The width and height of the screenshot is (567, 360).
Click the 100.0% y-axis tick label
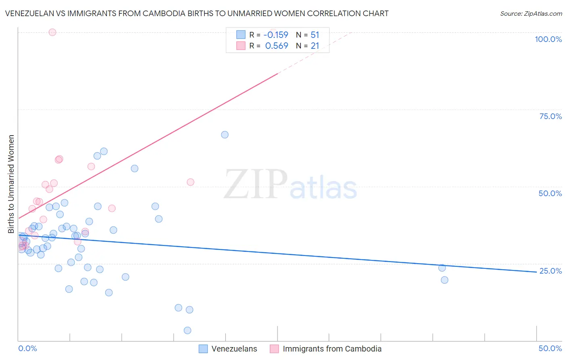click(548, 39)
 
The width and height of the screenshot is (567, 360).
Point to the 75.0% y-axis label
click(550, 116)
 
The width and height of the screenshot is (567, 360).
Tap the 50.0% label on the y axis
click(550, 193)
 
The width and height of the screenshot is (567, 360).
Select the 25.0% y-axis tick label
click(550, 271)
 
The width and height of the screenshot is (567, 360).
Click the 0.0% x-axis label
click(27, 348)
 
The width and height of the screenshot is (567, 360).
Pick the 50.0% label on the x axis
click(550, 348)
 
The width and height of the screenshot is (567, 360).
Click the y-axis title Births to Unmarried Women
click(11, 184)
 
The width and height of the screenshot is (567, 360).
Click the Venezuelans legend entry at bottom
click(234, 349)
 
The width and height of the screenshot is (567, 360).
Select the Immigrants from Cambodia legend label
click(332, 349)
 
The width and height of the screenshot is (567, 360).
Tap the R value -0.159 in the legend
click(276, 35)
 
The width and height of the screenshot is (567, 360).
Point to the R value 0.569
click(277, 46)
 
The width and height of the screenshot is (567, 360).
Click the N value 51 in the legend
click(315, 35)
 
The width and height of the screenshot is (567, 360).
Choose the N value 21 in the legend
click(315, 46)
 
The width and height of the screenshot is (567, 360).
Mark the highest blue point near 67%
click(225, 135)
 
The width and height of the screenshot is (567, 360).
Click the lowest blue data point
click(187, 331)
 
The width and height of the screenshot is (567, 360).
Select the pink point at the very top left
click(52, 32)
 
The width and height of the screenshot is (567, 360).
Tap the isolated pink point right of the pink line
click(190, 182)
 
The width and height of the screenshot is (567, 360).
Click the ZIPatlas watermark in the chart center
click(290, 184)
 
